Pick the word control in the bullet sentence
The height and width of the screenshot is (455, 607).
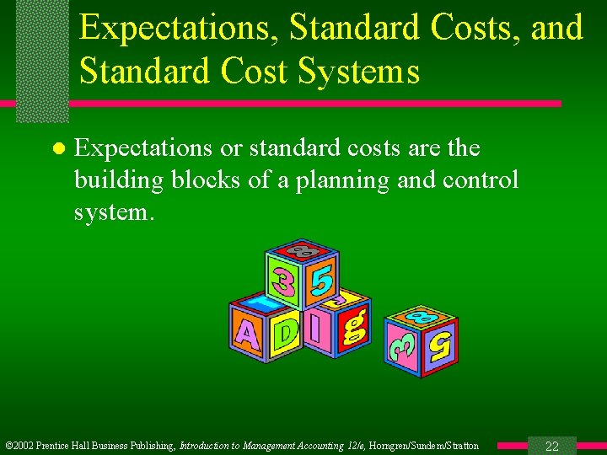pyautogui.click(x=481, y=180)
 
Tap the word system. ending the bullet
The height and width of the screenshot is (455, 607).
pyautogui.click(x=114, y=211)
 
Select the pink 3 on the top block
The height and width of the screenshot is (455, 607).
pyautogui.click(x=283, y=277)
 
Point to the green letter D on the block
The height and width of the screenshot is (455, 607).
pyautogui.click(x=286, y=332)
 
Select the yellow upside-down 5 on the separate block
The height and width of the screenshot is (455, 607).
pyautogui.click(x=440, y=344)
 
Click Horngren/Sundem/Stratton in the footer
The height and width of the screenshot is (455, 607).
pyautogui.click(x=423, y=446)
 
